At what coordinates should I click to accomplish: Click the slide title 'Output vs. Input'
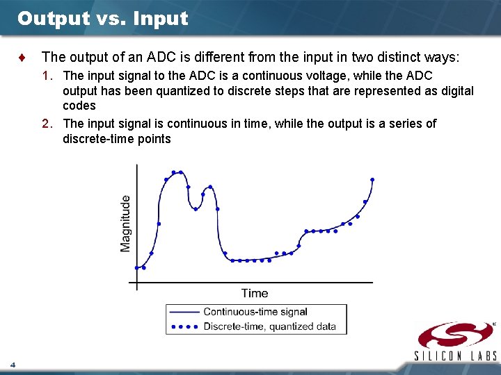click(102, 19)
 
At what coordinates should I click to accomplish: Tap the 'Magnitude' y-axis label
click(125, 223)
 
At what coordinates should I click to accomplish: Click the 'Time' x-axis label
click(255, 293)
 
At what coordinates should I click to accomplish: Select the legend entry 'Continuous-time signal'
click(255, 312)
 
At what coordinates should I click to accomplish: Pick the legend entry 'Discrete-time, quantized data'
click(269, 326)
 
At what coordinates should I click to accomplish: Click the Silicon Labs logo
click(456, 335)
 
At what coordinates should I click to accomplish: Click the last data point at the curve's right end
click(372, 179)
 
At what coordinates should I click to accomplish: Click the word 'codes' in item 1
click(79, 106)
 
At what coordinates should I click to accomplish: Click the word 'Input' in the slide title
click(160, 19)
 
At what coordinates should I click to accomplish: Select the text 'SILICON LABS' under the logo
click(456, 356)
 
